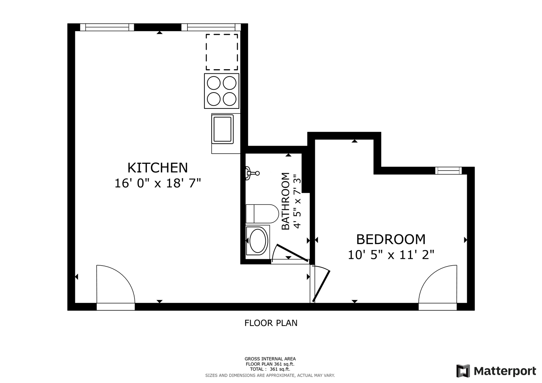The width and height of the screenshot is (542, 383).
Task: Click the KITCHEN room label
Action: (x=158, y=168)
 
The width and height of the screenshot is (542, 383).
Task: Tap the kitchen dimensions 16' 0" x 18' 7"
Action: (x=158, y=183)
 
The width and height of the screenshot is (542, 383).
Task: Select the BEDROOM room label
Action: (x=391, y=239)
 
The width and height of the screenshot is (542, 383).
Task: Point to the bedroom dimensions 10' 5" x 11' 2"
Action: (x=391, y=255)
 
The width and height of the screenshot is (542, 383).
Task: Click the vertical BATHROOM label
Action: (x=285, y=201)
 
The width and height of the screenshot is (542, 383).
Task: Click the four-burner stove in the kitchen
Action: (x=221, y=91)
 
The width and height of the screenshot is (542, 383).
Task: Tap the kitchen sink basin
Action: (x=222, y=129)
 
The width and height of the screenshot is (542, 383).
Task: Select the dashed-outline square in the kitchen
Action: (x=221, y=52)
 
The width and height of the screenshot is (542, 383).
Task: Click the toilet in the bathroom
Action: (x=262, y=214)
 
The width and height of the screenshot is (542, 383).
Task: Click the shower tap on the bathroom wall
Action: (x=252, y=173)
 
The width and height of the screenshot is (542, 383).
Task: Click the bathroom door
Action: (x=292, y=253)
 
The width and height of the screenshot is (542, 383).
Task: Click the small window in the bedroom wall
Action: (x=448, y=171)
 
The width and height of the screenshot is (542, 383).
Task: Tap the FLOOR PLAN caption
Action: (x=271, y=323)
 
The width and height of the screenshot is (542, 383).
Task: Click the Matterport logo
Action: (x=496, y=371)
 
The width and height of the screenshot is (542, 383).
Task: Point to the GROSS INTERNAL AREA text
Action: (x=270, y=359)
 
